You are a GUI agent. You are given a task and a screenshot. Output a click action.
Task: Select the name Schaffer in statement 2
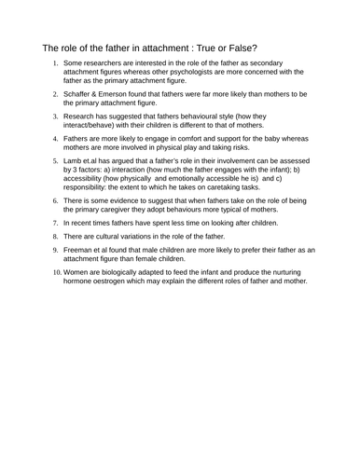coord(82,94)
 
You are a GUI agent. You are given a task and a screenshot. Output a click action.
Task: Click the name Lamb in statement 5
coord(76,162)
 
